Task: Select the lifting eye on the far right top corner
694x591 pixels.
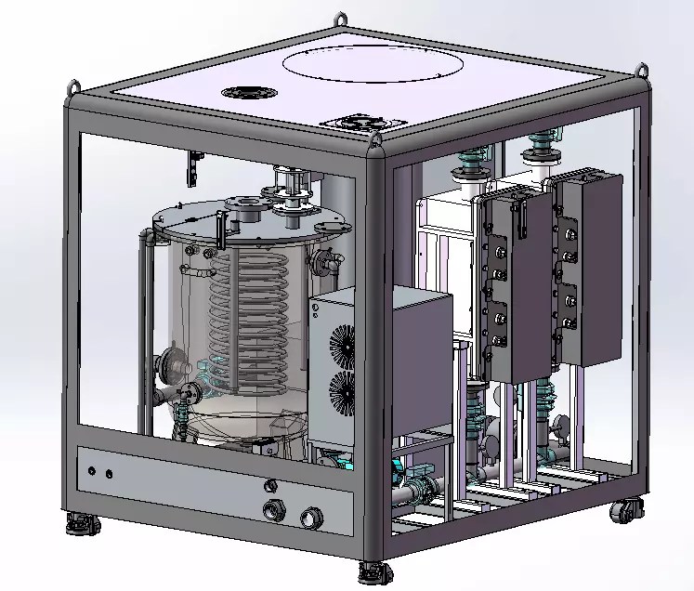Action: pyautogui.click(x=641, y=69)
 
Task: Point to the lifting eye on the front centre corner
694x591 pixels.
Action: pyautogui.click(x=376, y=141)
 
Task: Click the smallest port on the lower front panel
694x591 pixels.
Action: pyautogui.click(x=271, y=484)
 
